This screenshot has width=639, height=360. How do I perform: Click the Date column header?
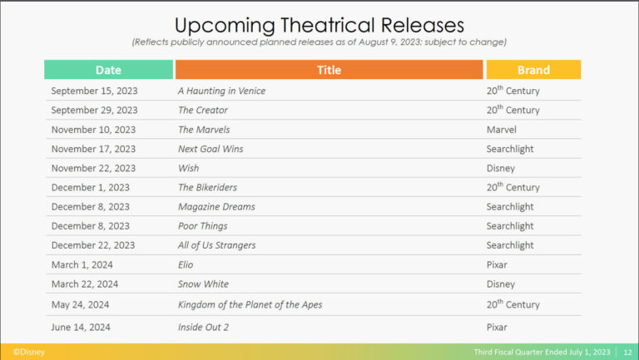(x=108, y=70)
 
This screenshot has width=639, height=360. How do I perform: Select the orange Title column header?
(x=329, y=70)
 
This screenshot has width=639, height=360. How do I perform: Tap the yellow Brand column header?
(x=533, y=70)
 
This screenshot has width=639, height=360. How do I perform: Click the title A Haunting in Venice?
(x=221, y=91)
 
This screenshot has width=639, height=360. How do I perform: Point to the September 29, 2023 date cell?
(x=95, y=110)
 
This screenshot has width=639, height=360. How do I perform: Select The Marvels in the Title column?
(x=204, y=130)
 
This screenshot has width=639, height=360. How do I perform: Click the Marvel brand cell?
(x=501, y=130)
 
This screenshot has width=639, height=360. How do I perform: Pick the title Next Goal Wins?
(x=211, y=149)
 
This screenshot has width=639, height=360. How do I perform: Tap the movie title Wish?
(x=189, y=168)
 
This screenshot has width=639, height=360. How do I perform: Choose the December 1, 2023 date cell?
(x=91, y=187)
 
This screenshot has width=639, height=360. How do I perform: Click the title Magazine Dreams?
(x=216, y=207)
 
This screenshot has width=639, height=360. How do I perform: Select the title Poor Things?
(x=202, y=226)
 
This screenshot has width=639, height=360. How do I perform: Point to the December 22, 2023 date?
(x=93, y=245)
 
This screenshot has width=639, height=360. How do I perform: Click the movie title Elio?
(x=186, y=264)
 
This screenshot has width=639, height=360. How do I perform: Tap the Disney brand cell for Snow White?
(x=500, y=284)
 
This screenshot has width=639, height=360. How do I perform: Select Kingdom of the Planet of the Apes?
(x=250, y=304)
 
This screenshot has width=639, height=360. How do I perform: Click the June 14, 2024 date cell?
(x=81, y=327)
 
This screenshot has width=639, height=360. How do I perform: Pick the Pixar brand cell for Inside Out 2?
(x=497, y=327)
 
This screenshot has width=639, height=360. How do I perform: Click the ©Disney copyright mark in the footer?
(x=28, y=352)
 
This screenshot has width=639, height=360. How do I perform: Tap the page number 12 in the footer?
(x=627, y=353)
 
